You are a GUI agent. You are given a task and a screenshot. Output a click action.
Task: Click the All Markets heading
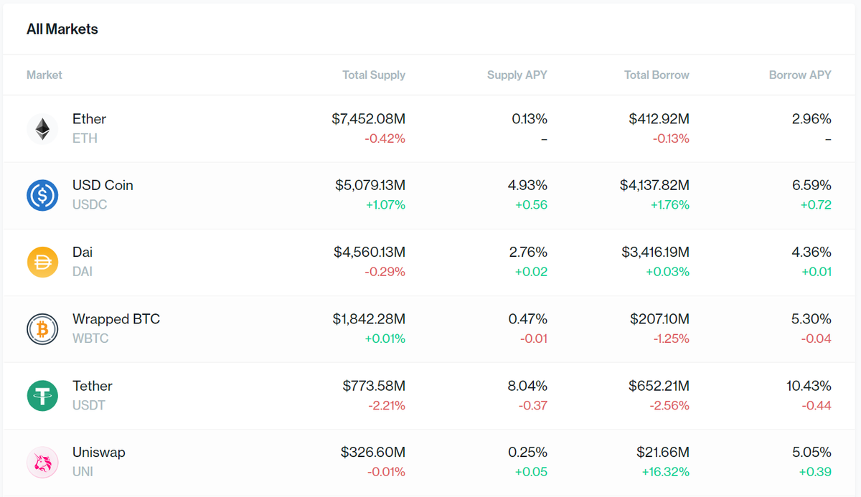coord(62,29)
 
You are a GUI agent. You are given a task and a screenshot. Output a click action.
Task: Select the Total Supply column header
coord(373,75)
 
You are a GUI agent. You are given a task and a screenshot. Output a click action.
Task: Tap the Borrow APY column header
coord(800,75)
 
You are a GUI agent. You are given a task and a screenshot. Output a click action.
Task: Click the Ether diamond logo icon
coord(42,128)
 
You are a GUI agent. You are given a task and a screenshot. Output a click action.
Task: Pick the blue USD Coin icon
coord(42,195)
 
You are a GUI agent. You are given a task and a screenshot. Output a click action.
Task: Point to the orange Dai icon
coord(42,262)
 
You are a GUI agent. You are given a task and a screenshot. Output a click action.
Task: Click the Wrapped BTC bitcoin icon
coord(42,328)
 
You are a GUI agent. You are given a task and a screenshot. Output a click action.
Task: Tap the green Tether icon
coord(42,395)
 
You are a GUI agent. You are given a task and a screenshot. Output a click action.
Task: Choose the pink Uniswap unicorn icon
coord(42,462)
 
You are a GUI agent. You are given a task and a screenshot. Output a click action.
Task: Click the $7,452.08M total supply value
coord(368,119)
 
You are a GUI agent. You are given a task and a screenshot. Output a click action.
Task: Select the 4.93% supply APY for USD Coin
coord(527,185)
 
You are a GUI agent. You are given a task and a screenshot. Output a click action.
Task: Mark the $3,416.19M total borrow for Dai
coord(655,252)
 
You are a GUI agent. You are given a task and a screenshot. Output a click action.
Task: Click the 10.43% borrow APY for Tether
coord(809,386)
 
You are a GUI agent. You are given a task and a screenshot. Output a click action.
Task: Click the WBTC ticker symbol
coord(90,339)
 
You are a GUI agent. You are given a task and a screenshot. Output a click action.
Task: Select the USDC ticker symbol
coord(90,205)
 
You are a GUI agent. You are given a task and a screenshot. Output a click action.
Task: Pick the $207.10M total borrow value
coord(659,318)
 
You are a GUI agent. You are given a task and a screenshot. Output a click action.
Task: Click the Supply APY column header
coord(517,75)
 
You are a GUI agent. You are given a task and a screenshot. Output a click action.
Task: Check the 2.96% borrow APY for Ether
coord(811,119)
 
